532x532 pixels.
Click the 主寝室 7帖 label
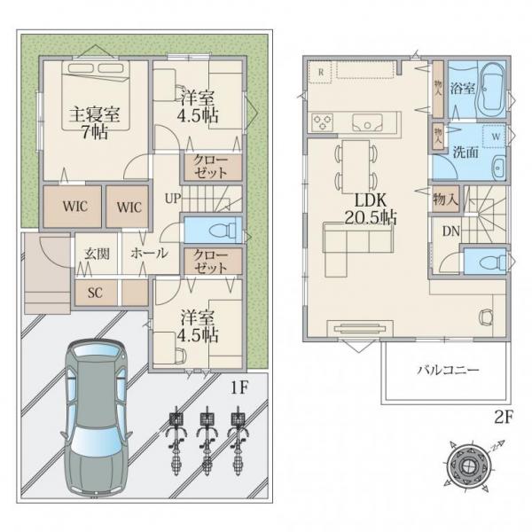point(94,123)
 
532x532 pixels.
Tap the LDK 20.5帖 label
point(371,208)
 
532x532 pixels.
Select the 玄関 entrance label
point(97,254)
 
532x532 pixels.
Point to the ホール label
point(149,253)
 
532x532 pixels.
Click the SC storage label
point(96,293)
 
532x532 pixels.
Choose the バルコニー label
point(448,369)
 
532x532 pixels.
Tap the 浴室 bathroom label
point(462,89)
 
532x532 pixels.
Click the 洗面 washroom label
point(465,153)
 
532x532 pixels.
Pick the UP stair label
point(173,198)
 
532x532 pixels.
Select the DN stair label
point(451,231)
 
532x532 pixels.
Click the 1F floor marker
point(240,387)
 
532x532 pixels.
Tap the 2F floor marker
point(503,418)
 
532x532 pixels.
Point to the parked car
point(97,419)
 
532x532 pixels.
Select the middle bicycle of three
point(207,440)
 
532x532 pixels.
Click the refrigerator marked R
point(320,72)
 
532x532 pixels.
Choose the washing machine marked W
point(495,136)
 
